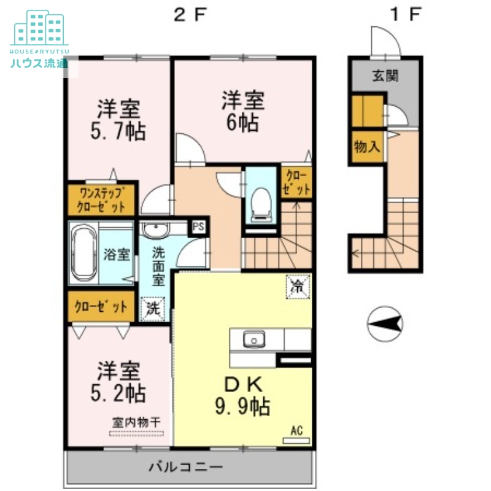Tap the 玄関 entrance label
(x=385, y=76)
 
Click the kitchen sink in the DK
(x=253, y=339)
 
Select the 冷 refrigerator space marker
(x=297, y=286)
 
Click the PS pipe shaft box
(x=198, y=226)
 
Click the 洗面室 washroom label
(x=158, y=266)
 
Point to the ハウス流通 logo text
(x=39, y=63)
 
